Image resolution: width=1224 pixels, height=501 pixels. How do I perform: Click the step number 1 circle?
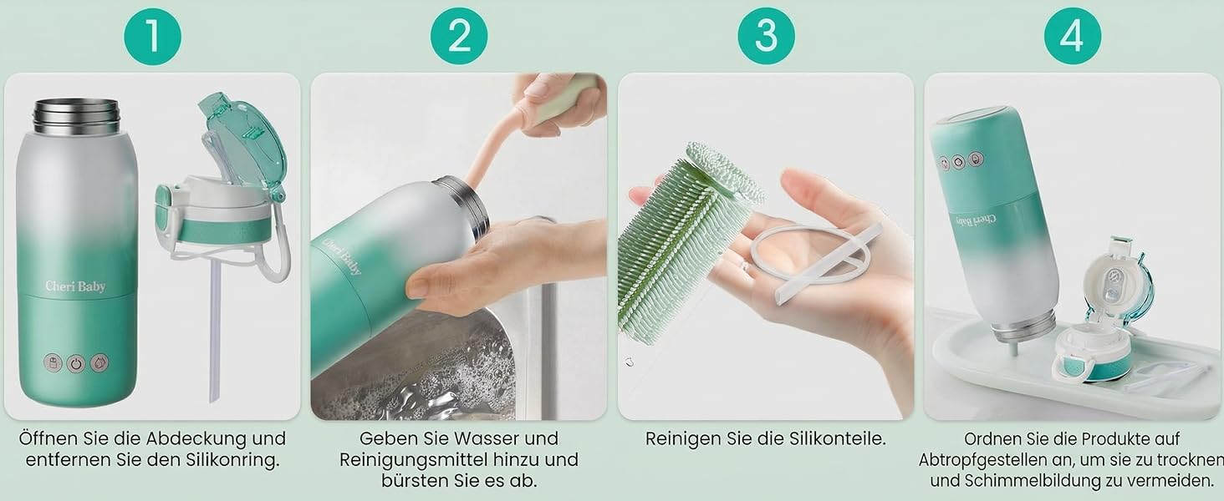152,36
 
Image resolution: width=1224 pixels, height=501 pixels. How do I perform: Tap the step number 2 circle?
459,36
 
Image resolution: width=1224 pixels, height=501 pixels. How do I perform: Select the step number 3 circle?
766,36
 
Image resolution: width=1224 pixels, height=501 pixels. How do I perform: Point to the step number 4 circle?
1073,36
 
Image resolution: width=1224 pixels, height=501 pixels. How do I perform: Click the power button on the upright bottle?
76,363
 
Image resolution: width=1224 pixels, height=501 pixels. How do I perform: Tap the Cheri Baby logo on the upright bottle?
75,286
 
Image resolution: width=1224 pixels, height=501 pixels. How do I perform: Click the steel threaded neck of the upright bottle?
77,116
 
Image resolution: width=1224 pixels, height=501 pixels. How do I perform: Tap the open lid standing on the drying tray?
1104,316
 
